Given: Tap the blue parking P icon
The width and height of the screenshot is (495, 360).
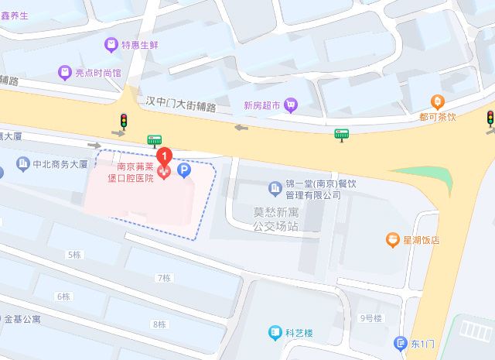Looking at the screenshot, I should (x=184, y=170).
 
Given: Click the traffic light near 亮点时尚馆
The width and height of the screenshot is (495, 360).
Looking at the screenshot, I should (x=124, y=121).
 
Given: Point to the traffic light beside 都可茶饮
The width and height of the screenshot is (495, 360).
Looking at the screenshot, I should (x=490, y=118).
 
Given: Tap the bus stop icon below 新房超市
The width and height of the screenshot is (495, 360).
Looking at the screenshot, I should (x=341, y=134).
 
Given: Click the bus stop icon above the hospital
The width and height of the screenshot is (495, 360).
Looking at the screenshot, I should (x=155, y=140).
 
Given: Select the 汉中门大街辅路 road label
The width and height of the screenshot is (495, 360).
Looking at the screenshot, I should (x=181, y=103).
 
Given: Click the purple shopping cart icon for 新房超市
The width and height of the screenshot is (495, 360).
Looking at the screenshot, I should (x=291, y=105).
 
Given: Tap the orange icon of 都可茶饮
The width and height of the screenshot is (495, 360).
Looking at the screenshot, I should (x=437, y=101).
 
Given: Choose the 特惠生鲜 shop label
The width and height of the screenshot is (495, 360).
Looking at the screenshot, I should (x=139, y=45).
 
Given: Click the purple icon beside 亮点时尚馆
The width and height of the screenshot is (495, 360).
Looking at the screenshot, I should (x=65, y=73).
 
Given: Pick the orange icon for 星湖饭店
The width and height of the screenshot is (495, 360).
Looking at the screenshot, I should (x=393, y=240).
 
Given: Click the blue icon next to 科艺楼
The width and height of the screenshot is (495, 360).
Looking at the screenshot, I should (x=275, y=333).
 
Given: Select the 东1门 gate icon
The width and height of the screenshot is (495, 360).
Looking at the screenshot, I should (x=400, y=343).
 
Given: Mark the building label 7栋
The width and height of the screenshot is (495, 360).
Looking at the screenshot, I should (x=162, y=277).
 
